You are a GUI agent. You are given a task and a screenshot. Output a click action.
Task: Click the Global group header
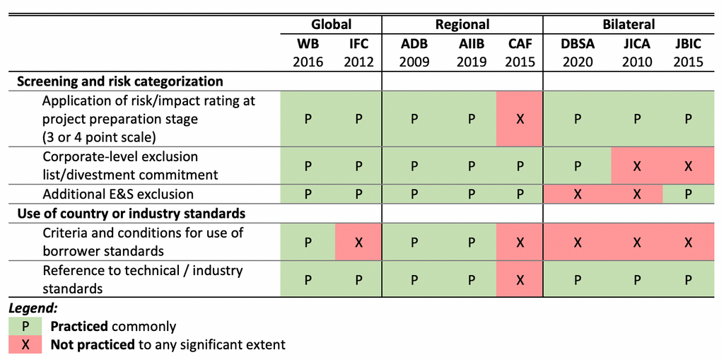click(332, 24)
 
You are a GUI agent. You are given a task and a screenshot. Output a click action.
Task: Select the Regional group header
click(462, 24)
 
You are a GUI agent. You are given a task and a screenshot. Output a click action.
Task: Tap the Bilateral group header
click(629, 24)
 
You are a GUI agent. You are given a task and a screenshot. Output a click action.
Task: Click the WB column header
click(308, 44)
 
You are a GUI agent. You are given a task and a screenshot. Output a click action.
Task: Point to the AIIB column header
click(471, 44)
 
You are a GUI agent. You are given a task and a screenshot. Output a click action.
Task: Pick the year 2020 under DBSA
click(578, 62)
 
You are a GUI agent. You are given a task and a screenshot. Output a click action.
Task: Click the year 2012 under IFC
click(358, 62)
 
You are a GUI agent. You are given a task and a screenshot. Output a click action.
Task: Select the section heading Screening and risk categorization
click(120, 81)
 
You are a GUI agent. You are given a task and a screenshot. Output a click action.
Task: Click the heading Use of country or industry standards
click(132, 213)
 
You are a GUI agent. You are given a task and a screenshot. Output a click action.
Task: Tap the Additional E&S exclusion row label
click(118, 194)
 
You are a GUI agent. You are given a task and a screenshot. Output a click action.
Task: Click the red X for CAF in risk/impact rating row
click(520, 119)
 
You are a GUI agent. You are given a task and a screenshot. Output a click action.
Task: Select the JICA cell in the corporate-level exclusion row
click(636, 166)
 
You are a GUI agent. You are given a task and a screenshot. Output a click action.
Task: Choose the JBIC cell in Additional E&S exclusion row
click(688, 194)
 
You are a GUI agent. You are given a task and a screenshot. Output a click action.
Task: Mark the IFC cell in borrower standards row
click(358, 242)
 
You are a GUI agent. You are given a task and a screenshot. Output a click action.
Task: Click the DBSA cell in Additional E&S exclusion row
click(578, 194)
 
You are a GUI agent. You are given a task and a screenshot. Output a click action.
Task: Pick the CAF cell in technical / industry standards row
click(520, 279)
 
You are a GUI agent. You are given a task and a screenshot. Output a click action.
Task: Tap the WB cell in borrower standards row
click(308, 242)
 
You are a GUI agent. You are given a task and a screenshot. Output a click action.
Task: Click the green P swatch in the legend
click(25, 327)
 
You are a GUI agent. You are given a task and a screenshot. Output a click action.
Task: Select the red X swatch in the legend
click(25, 344)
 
